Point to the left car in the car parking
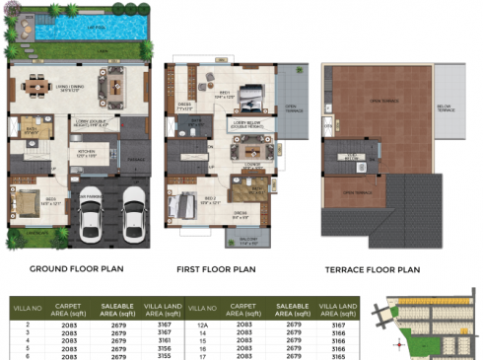92,212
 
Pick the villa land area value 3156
164,346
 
